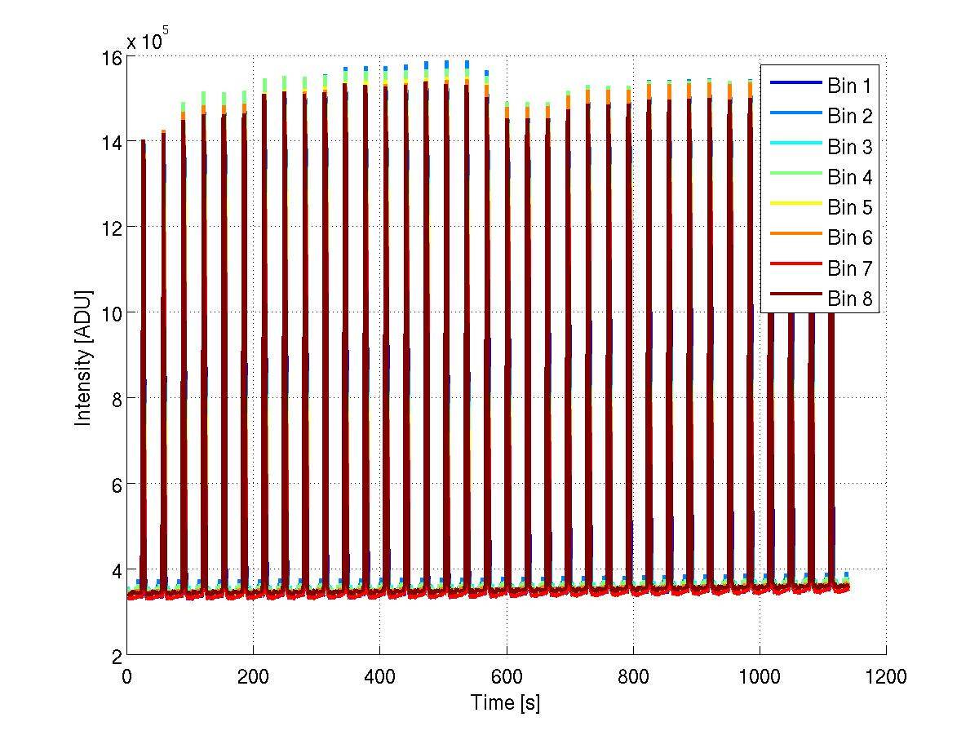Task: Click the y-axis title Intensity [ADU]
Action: coord(83,356)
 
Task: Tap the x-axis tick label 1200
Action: coord(886,677)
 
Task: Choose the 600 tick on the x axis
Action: coord(507,677)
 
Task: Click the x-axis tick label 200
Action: coord(253,677)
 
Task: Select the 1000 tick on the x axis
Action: coord(760,677)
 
